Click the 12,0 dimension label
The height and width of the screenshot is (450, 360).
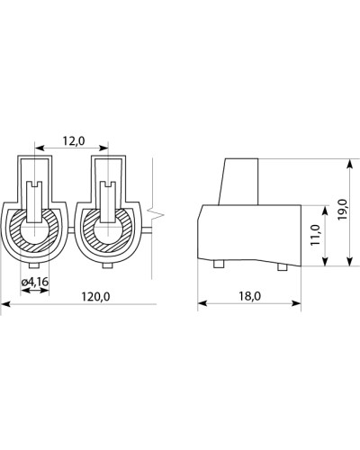74,140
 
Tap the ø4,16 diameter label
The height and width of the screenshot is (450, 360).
35,282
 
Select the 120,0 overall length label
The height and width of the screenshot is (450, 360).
96,296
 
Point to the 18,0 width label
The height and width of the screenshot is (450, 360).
250,296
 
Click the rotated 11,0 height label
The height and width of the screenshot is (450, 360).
316,235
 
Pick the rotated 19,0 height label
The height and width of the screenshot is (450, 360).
342,209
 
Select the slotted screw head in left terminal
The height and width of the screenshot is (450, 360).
35,202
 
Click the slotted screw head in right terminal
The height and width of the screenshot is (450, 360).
107,202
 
